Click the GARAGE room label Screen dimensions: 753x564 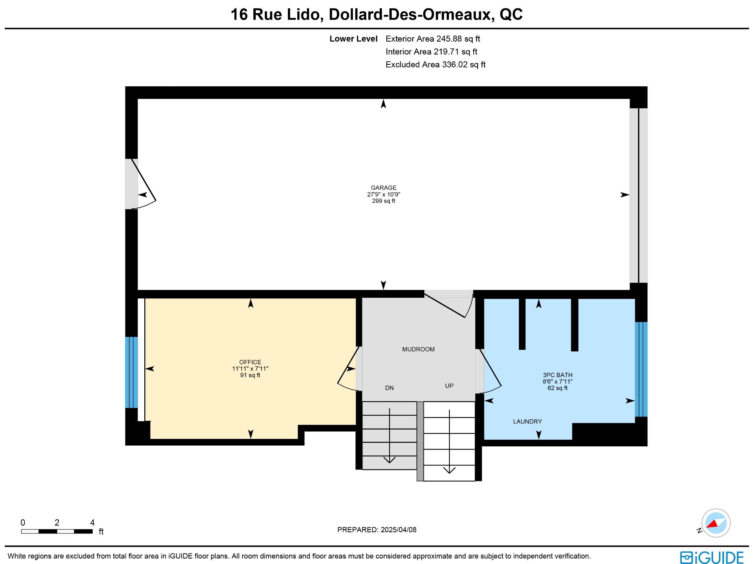pyautogui.click(x=384, y=188)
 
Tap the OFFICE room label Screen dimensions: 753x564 pyautogui.click(x=250, y=362)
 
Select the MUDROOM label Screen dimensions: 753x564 pyautogui.click(x=418, y=349)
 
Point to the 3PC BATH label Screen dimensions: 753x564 pyautogui.click(x=558, y=375)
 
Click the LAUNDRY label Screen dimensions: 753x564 pyautogui.click(x=527, y=422)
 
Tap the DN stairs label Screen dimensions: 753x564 pyautogui.click(x=389, y=388)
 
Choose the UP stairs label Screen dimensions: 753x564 pyautogui.click(x=449, y=386)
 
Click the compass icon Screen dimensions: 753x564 pyautogui.click(x=716, y=523)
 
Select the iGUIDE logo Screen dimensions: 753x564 pyautogui.click(x=712, y=557)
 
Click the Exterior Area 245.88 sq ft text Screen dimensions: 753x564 pyautogui.click(x=433, y=39)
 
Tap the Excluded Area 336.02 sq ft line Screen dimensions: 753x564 pyautogui.click(x=436, y=65)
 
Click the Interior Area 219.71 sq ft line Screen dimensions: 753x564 pyautogui.click(x=431, y=52)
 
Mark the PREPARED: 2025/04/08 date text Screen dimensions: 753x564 pyautogui.click(x=377, y=530)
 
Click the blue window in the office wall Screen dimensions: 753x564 pyautogui.click(x=131, y=373)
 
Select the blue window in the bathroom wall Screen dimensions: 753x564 pyautogui.click(x=641, y=369)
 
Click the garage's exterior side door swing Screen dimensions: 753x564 pyautogui.click(x=144, y=184)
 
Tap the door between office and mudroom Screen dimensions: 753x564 pyautogui.click(x=348, y=369)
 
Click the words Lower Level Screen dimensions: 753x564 pyautogui.click(x=353, y=39)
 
